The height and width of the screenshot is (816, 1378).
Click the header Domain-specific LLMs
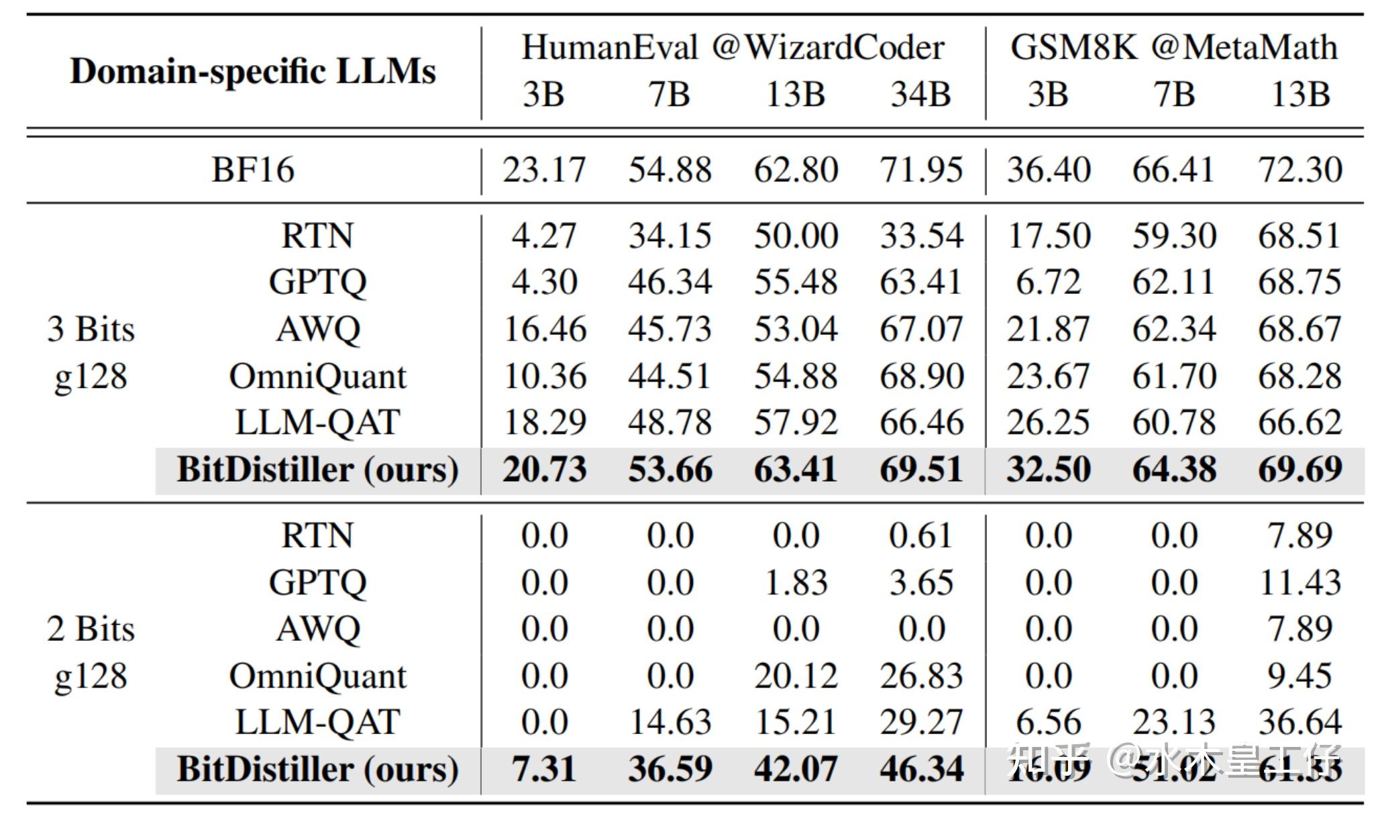(253, 71)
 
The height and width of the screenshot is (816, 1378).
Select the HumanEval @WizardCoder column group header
(733, 48)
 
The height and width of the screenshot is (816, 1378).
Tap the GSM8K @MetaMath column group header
(1174, 48)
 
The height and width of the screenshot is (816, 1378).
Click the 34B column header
(920, 94)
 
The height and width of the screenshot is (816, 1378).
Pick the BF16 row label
(253, 169)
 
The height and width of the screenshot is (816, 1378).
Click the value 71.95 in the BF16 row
(921, 169)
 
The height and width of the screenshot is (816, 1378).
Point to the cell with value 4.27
(544, 236)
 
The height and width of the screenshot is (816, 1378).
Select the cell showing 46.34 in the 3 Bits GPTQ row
(670, 282)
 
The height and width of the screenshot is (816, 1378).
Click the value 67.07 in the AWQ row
(921, 329)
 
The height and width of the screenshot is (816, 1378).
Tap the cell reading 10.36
(544, 376)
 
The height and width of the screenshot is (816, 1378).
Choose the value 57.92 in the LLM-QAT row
(796, 422)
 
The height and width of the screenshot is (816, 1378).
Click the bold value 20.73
(544, 469)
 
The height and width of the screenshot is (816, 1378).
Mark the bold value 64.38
(1174, 469)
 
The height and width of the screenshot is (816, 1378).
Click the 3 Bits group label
(91, 329)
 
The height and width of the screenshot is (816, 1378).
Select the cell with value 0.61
(921, 535)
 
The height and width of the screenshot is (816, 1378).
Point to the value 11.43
(1300, 582)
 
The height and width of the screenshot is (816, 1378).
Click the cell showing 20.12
(796, 676)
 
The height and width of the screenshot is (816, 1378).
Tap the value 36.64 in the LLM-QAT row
(1300, 722)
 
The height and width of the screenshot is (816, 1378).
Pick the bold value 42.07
(796, 769)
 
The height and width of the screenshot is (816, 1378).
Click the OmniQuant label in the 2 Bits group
(317, 676)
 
